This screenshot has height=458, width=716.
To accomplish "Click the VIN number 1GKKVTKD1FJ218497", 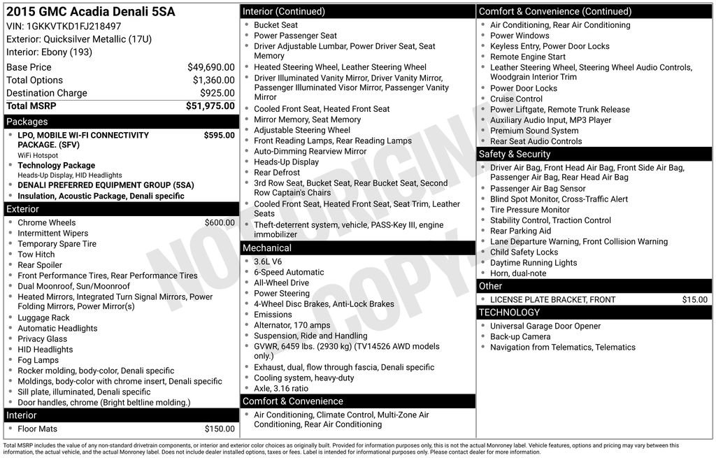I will click(x=73, y=27).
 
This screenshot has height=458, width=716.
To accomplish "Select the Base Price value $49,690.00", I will click(x=211, y=67).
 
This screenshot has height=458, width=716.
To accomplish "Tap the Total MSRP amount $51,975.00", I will click(x=210, y=106).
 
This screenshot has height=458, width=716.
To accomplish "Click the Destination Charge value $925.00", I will click(x=217, y=93).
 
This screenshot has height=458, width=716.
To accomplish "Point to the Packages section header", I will click(x=27, y=122).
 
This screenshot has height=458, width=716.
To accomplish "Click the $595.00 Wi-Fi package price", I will click(x=220, y=136).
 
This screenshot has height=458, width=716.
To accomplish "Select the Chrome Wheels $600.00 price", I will click(x=220, y=223).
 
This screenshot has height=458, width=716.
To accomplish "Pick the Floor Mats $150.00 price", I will click(x=220, y=429).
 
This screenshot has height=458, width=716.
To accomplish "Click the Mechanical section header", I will click(x=267, y=248).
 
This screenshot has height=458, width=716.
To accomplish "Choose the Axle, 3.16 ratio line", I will click(x=281, y=389).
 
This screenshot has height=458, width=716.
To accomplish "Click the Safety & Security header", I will click(x=515, y=154).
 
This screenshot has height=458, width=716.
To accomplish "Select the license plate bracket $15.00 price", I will click(x=695, y=300).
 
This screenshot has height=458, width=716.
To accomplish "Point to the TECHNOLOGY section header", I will click(x=509, y=313).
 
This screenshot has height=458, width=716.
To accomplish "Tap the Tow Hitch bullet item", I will click(x=36, y=255).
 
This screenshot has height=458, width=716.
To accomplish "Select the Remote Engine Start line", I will click(x=528, y=57).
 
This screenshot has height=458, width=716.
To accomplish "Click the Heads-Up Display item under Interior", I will click(x=286, y=162).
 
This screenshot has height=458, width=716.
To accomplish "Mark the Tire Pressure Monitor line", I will click(x=530, y=210).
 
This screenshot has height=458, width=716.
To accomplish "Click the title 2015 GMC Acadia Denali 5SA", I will click(x=91, y=12).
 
